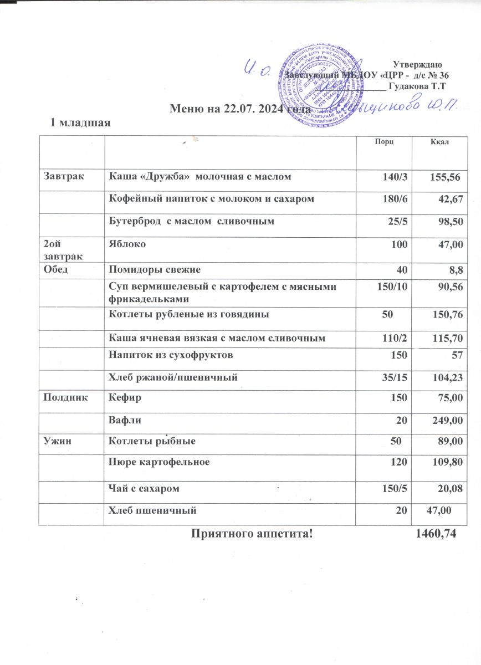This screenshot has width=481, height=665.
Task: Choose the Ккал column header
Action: pyautogui.click(x=439, y=144)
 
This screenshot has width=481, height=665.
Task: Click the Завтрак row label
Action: pyautogui.click(x=62, y=177)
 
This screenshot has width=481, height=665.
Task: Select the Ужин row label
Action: pyautogui.click(x=56, y=442)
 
